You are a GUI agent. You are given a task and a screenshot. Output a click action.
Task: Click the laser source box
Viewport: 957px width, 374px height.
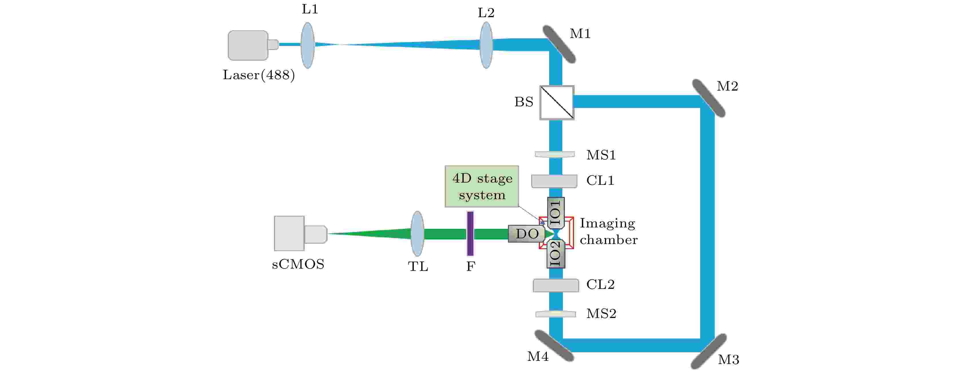coord(248,45)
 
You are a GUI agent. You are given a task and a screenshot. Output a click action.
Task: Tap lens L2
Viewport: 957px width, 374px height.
coord(486,45)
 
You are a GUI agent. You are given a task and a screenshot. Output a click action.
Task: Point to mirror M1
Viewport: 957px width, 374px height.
coord(559,44)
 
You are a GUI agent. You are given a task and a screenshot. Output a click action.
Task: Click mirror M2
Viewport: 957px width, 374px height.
coord(709,98)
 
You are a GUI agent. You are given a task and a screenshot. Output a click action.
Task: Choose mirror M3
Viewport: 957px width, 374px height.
coord(709,351)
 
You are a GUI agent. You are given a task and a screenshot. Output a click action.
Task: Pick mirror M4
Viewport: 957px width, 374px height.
coord(554,346)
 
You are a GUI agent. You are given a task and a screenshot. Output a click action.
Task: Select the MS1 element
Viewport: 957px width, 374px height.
coord(555,154)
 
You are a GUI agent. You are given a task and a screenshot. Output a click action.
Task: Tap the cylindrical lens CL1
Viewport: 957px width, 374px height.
coord(554,181)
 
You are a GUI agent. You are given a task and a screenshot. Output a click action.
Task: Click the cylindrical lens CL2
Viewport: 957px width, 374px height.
coord(556,285)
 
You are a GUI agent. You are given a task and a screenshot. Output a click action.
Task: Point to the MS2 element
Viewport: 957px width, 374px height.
coord(555,314)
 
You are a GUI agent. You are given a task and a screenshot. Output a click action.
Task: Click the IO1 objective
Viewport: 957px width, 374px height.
coord(556,212)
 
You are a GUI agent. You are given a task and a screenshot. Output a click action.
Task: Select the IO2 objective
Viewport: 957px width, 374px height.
coord(556,254)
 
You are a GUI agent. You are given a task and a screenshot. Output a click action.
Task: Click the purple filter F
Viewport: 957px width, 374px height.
coord(470,234)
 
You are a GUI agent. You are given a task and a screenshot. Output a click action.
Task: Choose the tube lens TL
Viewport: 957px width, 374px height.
coord(418,234)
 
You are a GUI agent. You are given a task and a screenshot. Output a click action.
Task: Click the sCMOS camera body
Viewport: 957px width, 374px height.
coord(289,233)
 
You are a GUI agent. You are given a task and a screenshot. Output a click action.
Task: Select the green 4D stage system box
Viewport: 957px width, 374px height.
coord(482,186)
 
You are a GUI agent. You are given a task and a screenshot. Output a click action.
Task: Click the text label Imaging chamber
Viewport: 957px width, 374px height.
coord(608,231)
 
